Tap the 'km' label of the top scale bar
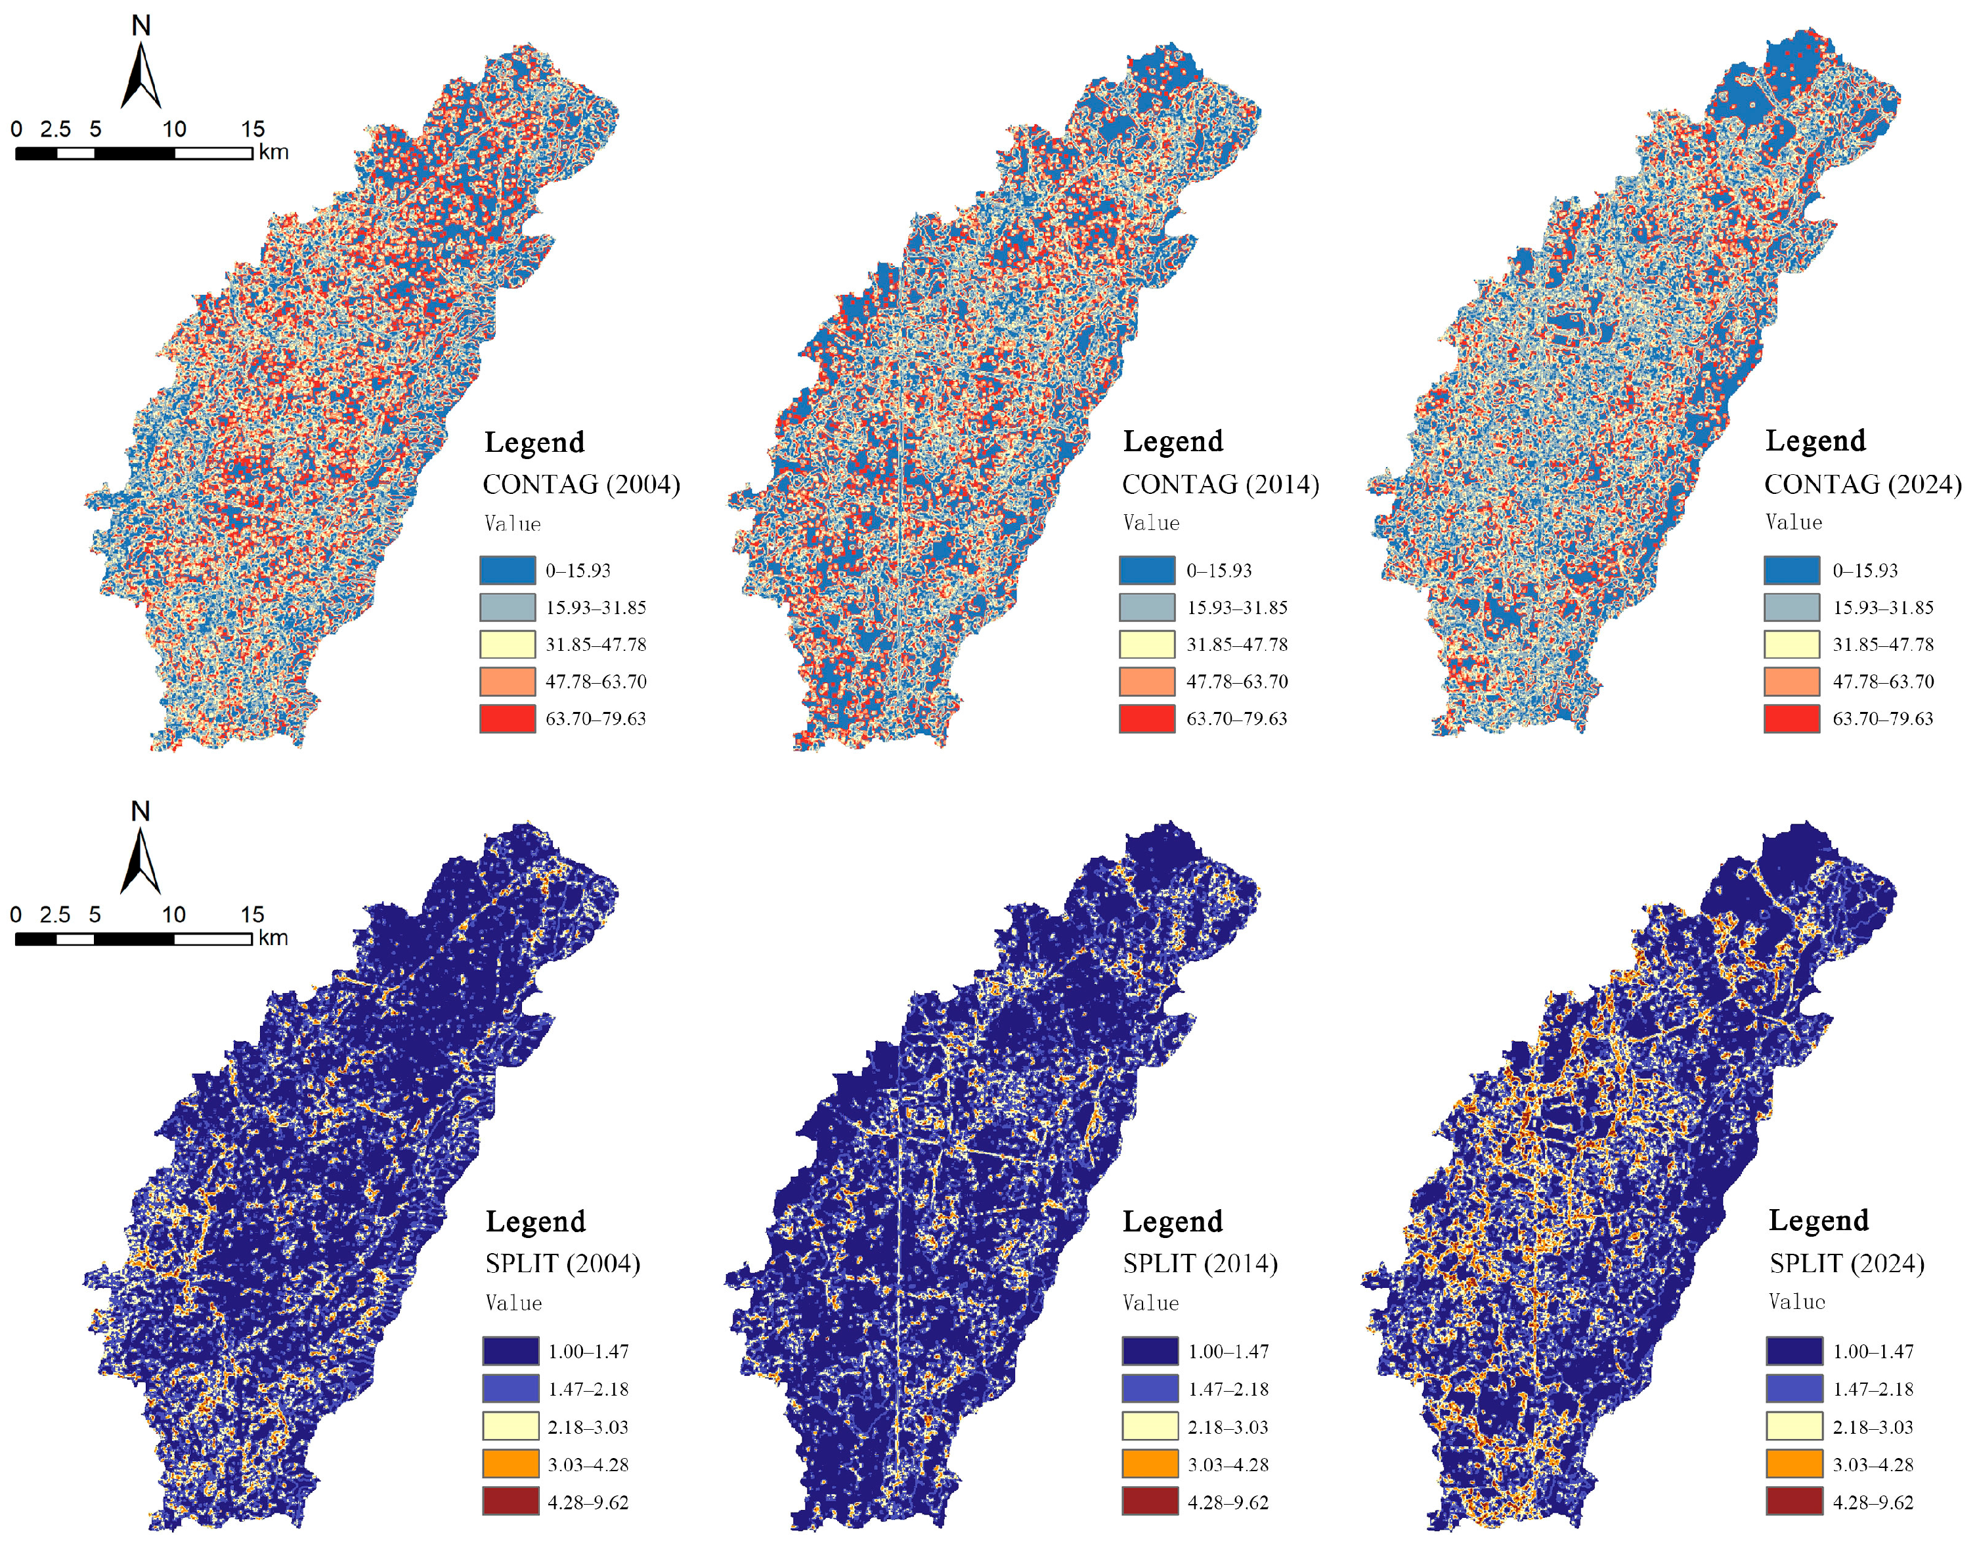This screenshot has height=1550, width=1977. (x=273, y=152)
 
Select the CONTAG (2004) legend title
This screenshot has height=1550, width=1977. (x=580, y=485)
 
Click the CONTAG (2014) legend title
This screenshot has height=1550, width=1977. (x=1221, y=485)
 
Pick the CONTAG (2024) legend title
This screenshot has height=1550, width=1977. (x=1862, y=485)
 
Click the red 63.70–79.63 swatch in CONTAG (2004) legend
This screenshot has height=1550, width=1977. (x=507, y=718)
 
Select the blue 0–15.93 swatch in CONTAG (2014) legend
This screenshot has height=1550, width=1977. (x=1147, y=570)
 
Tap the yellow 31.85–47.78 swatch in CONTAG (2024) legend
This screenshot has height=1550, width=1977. (x=1791, y=644)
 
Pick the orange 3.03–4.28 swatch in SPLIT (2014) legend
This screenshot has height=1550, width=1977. (x=1150, y=1464)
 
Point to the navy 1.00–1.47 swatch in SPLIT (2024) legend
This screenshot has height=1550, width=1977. (x=1794, y=1350)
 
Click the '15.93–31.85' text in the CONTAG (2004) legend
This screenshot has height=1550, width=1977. (x=595, y=607)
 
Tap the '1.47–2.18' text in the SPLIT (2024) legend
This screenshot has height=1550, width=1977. (x=1873, y=1388)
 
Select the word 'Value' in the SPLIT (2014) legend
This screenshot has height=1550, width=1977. (x=1150, y=1303)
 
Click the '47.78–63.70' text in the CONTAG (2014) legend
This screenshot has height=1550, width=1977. (x=1236, y=682)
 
